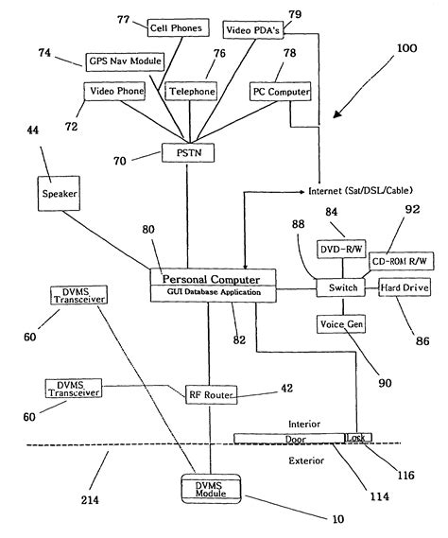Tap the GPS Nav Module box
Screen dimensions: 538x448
125,61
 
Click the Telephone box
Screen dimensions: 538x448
191,91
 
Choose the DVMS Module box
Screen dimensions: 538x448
211,489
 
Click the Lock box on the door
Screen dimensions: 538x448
357,438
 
